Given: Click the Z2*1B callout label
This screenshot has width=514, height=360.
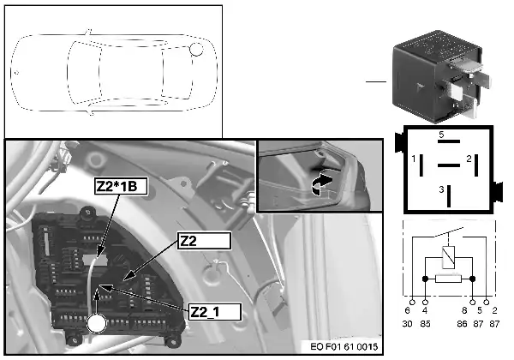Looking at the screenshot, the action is coord(121,186).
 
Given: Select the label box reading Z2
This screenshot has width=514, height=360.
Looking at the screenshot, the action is coord(204,241).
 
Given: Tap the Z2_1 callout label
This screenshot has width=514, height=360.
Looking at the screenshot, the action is coord(215,312).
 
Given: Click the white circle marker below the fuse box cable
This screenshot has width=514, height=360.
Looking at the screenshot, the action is coord(97,323).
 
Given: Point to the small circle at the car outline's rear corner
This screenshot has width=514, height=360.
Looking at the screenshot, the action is coord(196,49).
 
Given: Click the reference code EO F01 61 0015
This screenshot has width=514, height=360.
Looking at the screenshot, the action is coord(344,346).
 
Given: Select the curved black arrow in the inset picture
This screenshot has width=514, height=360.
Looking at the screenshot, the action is coord(321,184).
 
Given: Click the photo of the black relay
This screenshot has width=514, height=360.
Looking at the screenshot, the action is coord(441,77).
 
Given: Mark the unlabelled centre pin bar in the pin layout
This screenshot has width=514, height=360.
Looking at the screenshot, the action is coord(448,165).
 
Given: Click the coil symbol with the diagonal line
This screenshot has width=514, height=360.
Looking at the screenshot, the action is coord(448,257).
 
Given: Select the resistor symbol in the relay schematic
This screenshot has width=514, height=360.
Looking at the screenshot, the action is coord(448,279).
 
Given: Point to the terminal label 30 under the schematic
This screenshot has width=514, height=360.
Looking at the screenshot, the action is coord(407,324).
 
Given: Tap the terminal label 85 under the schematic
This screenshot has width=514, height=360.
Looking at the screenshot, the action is coord(425,324).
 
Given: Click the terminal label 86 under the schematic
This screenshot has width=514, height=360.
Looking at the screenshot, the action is coord(463,324).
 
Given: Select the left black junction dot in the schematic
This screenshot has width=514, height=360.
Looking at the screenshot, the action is coord(425,279).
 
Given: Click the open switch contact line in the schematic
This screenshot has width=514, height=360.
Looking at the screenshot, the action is coord(448,231).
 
